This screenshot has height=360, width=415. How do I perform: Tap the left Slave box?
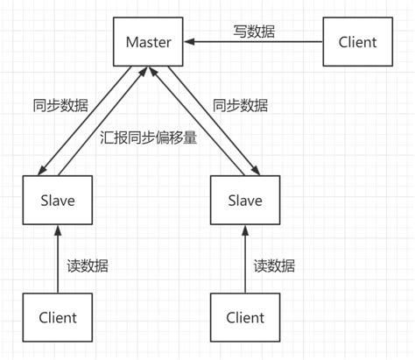point(58,200)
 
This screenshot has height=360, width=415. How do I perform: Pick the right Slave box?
point(244,200)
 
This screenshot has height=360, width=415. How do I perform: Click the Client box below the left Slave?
point(58,317)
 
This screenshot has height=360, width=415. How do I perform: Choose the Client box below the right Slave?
point(244,317)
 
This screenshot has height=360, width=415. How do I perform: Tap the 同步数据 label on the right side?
point(240,105)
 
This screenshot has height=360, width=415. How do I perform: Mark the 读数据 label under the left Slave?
point(88,265)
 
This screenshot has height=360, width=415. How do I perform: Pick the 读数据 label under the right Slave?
point(274,265)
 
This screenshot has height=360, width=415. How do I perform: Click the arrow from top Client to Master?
point(254,41)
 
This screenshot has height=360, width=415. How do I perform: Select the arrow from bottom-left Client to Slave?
point(58,258)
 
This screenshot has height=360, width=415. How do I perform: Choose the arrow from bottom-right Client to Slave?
point(244,258)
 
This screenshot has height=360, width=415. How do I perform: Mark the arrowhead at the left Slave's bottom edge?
point(58,230)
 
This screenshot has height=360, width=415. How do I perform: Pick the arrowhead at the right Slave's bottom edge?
point(244,230)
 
